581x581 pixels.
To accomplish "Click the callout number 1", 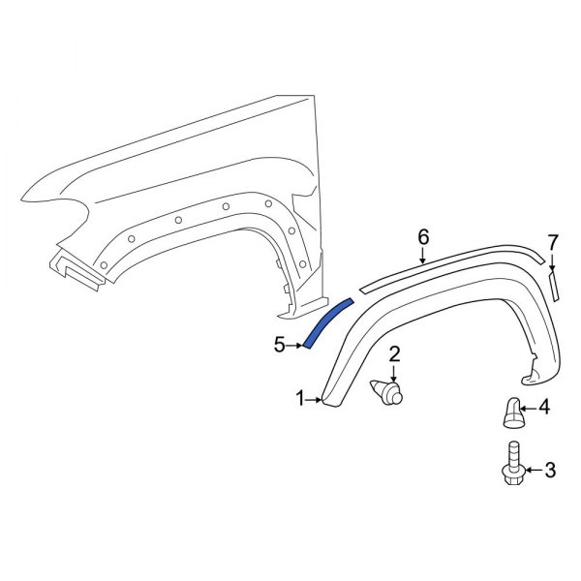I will [x=300, y=398].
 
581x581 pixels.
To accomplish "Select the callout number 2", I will [x=395, y=354].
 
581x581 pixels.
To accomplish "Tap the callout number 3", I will [x=550, y=471].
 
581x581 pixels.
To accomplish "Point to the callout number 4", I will [x=544, y=408].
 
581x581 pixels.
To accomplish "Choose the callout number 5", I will [x=279, y=344].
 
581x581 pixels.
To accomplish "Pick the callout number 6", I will [x=422, y=236].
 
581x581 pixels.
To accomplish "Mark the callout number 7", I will [x=553, y=241].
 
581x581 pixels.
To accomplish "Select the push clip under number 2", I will [x=388, y=393].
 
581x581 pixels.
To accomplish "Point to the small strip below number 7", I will [x=555, y=287].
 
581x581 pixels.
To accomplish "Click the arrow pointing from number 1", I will [x=315, y=398].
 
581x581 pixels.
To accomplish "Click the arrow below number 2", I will [x=395, y=373].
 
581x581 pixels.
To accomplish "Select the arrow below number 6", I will [x=423, y=255].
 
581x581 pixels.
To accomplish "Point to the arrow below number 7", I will [x=553, y=261].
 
